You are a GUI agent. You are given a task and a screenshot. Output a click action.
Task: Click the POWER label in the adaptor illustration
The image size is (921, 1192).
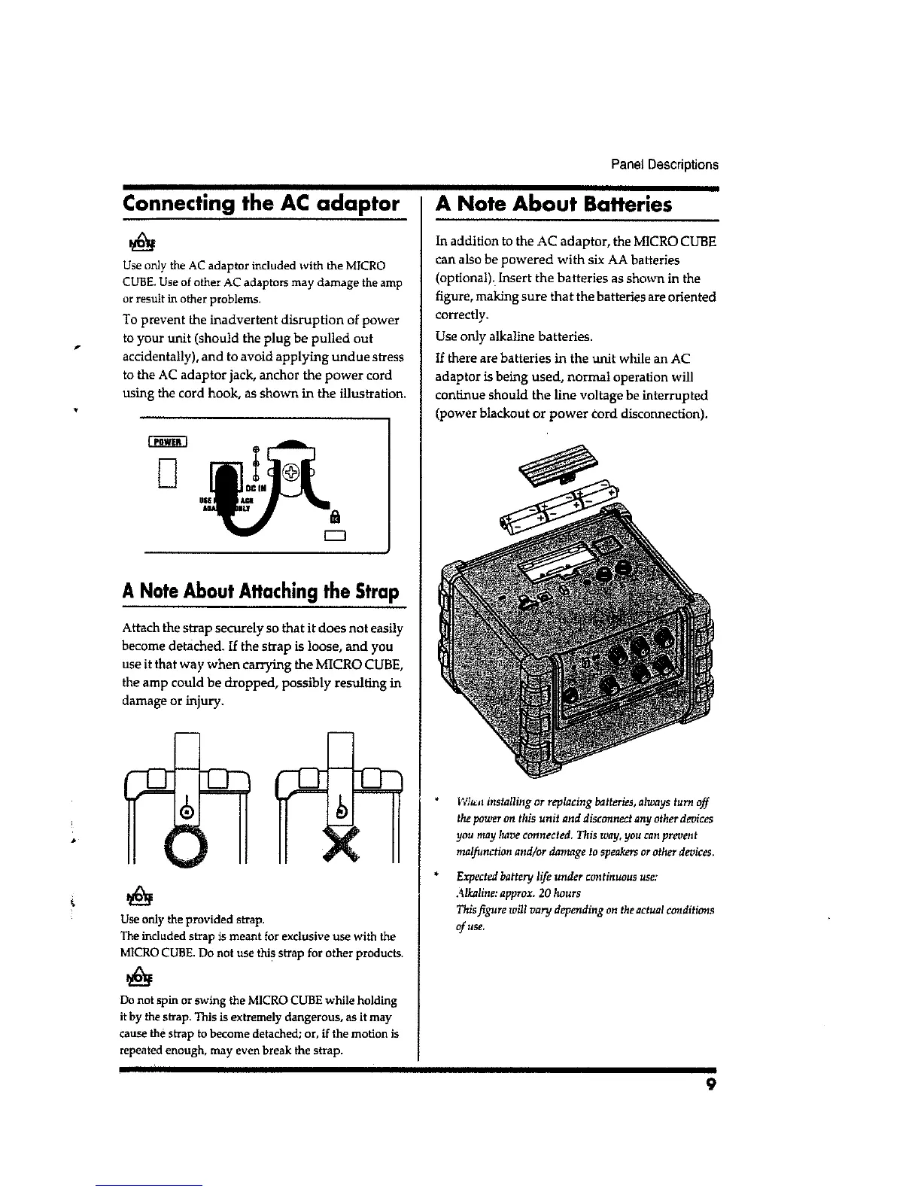[x=163, y=442]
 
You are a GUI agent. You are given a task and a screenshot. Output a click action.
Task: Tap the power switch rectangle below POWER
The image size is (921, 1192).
[x=168, y=473]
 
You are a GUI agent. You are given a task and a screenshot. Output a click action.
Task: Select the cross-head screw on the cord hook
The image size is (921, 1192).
[x=293, y=473]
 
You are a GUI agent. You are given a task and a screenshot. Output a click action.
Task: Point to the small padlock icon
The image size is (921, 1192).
[x=336, y=517]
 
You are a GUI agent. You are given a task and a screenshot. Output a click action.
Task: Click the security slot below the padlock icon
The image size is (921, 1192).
[x=335, y=537]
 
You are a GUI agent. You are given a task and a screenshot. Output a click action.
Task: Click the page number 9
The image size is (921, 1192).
[x=710, y=1084]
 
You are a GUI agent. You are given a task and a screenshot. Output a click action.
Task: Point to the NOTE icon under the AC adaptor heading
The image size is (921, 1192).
[x=141, y=243]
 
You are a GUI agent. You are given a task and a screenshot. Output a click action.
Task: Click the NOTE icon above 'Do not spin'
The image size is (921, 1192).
[x=141, y=978]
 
